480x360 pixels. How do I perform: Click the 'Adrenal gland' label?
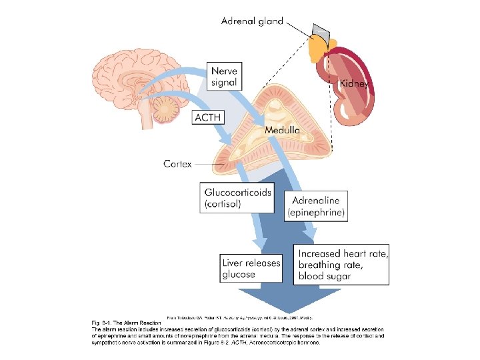(251, 21)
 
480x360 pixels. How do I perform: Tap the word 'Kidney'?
(353, 84)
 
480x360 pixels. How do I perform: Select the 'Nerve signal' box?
(224, 76)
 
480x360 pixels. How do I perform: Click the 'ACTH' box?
(207, 117)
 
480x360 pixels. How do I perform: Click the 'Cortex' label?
(178, 163)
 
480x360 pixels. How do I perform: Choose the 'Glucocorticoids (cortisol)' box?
(238, 198)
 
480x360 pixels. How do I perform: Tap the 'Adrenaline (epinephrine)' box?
(316, 206)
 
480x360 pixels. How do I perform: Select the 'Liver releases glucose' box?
(251, 268)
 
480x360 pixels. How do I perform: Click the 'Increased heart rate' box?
(342, 265)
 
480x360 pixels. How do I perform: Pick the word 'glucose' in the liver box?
(239, 274)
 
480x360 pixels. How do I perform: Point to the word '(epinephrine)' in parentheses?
(316, 213)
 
